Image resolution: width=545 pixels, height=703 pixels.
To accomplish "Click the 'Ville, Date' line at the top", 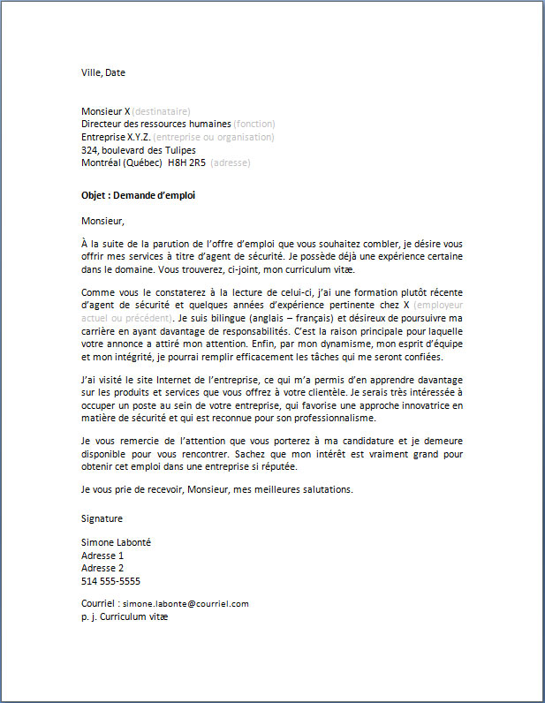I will coord(103,72).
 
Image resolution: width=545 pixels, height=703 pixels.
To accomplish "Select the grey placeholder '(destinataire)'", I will coord(161,111).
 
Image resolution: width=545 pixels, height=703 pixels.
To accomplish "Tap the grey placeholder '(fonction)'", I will coord(254,125).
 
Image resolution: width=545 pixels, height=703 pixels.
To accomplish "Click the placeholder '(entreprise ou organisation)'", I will coord(214,137).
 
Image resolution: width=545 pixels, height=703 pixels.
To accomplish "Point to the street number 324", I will coord(89,150).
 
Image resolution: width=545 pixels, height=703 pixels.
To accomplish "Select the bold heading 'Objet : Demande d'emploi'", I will coord(138,195).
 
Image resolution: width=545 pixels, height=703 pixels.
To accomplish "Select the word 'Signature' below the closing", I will coord(102,518).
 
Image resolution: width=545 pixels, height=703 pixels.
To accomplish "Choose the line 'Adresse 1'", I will coord(102,556).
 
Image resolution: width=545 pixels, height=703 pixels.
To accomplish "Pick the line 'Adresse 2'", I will coord(102,569).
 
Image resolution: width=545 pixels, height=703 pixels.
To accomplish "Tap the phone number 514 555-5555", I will coord(110,581).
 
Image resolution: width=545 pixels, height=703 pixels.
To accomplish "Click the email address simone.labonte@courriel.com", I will coord(185,604).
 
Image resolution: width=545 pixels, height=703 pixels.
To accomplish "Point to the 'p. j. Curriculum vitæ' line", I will coord(124,616).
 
